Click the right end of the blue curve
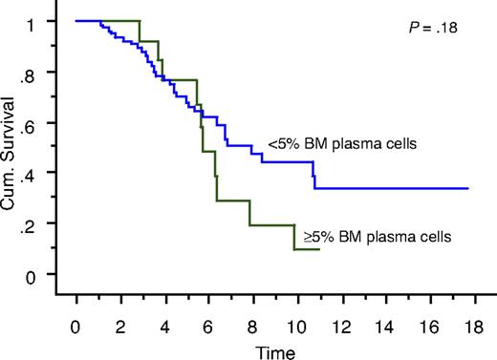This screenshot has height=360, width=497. click(x=467, y=188)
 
